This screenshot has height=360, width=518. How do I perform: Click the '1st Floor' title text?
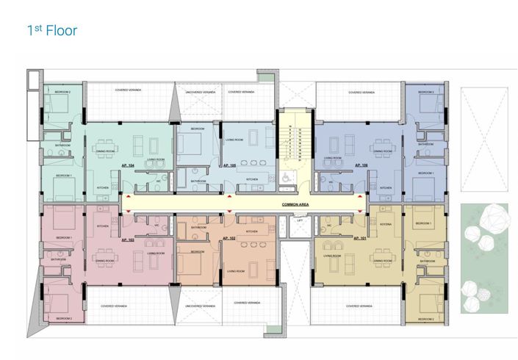point(51,31)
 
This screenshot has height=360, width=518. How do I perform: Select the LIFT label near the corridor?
point(299,220)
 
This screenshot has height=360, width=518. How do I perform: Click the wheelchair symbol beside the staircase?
point(286,177)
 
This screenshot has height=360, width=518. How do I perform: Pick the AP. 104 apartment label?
point(126,167)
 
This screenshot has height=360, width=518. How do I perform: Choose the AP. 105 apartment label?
point(228,166)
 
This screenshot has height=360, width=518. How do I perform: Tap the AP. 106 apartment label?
point(361,167)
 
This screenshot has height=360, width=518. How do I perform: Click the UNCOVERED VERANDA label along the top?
point(199,93)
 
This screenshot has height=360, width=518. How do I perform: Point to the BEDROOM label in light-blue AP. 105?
point(198,129)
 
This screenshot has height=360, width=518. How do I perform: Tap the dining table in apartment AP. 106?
point(383,143)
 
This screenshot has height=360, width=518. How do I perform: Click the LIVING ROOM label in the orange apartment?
point(235,271)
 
